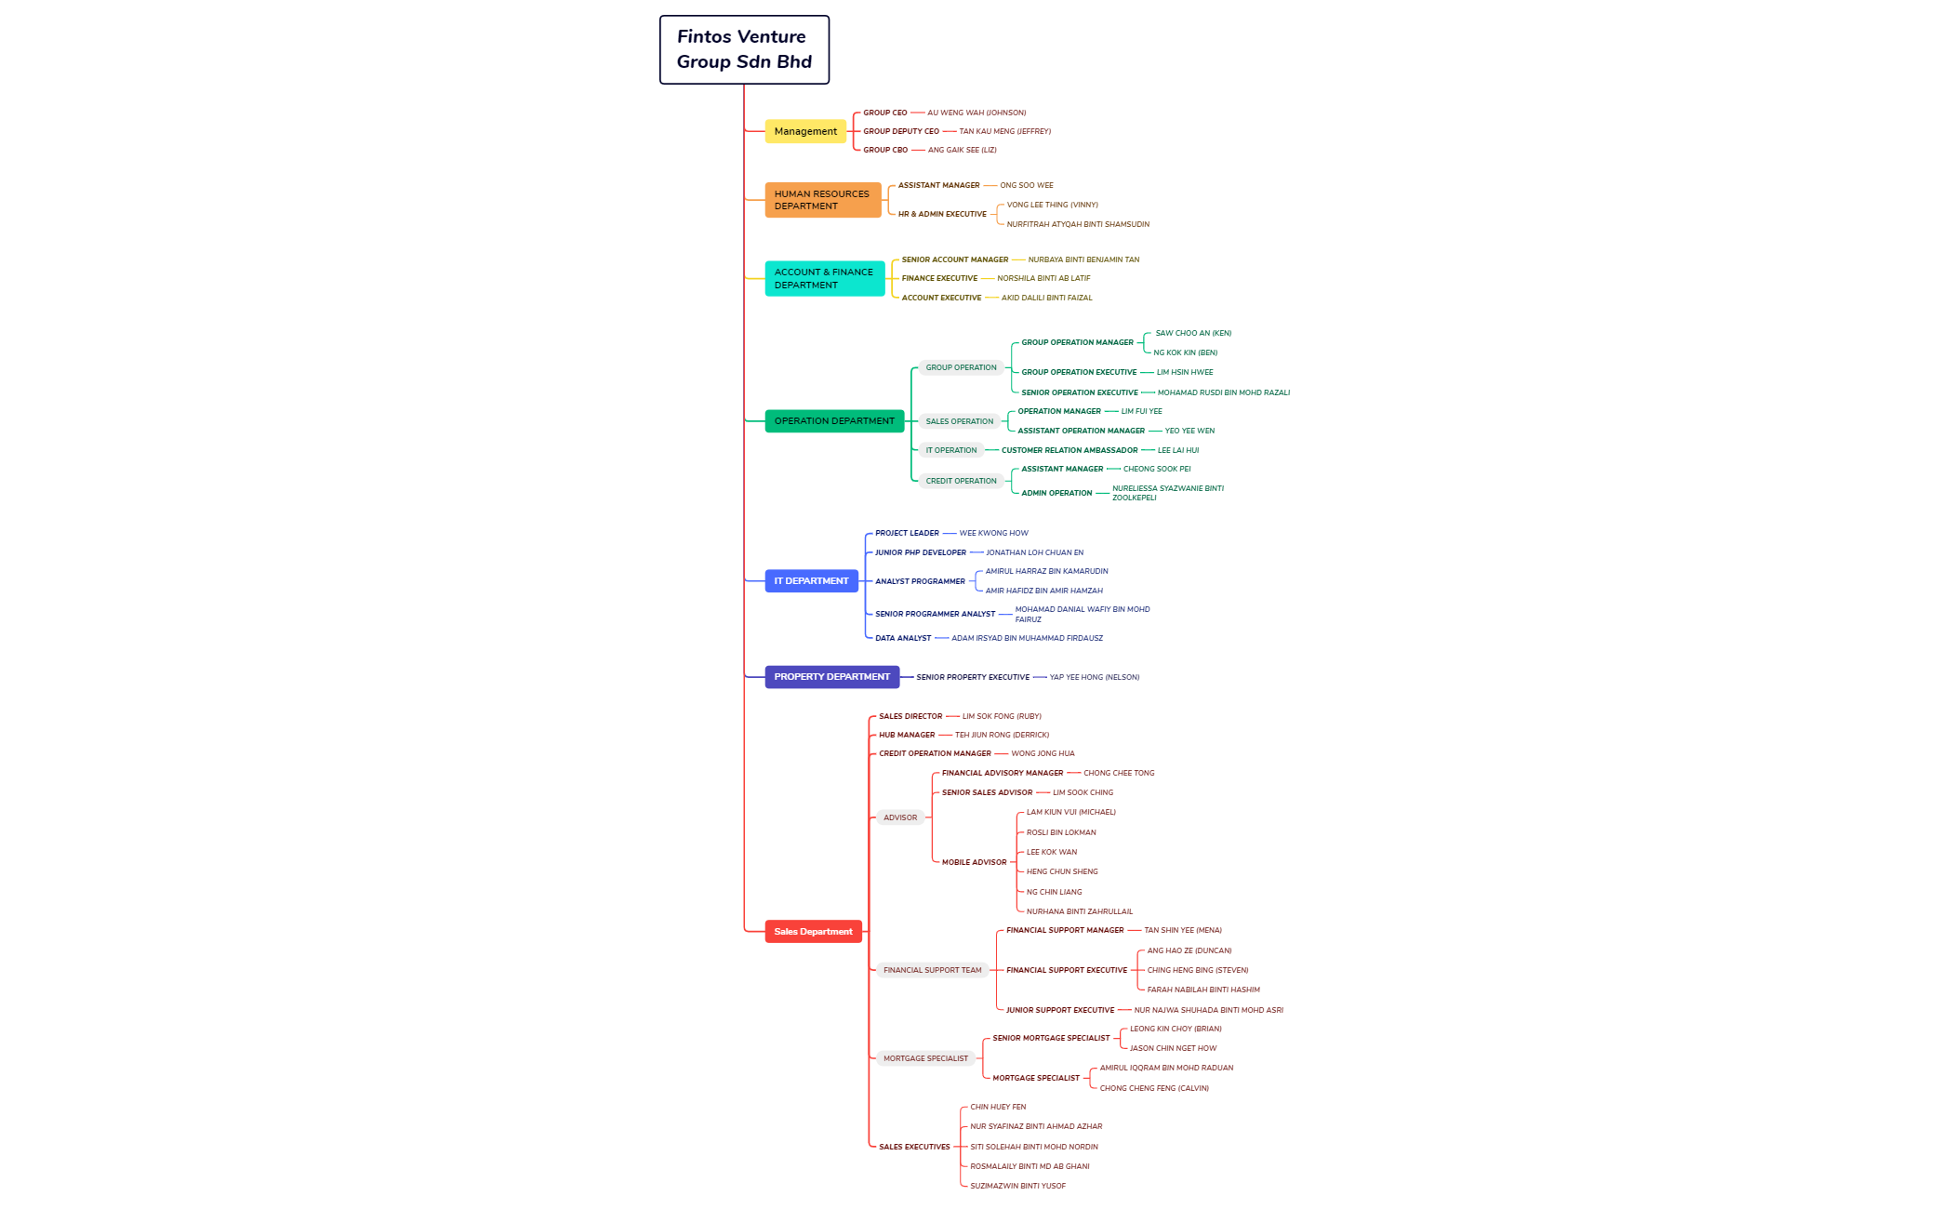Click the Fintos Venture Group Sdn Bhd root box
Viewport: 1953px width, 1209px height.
pyautogui.click(x=744, y=49)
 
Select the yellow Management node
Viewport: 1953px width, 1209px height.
pyautogui.click(x=805, y=131)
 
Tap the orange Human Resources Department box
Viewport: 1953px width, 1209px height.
pyautogui.click(x=822, y=200)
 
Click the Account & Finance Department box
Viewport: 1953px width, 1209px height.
pyautogui.click(x=824, y=278)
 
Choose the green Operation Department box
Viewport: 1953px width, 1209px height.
pyautogui.click(x=834, y=421)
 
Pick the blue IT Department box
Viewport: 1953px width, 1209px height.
pyautogui.click(x=811, y=581)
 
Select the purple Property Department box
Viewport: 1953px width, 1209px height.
pyautogui.click(x=831, y=677)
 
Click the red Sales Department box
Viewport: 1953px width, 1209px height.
pyautogui.click(x=813, y=932)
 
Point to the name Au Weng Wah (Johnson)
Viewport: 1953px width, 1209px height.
pyautogui.click(x=976, y=113)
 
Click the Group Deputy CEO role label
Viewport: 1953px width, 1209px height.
pyautogui.click(x=900, y=131)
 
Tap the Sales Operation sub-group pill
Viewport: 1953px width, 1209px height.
pyautogui.click(x=959, y=421)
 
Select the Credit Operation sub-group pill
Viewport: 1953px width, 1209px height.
pyautogui.click(x=961, y=481)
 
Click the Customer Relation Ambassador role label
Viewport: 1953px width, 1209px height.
pyautogui.click(x=1069, y=450)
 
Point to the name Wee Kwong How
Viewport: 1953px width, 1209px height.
pyautogui.click(x=993, y=533)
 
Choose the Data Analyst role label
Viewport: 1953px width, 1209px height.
pyautogui.click(x=902, y=638)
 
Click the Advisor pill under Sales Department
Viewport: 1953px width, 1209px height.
pyautogui.click(x=899, y=817)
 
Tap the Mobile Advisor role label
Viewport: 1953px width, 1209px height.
pyautogui.click(x=974, y=862)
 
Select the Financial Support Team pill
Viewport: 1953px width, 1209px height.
pyautogui.click(x=932, y=970)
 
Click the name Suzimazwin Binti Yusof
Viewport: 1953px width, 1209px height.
pyautogui.click(x=1017, y=1186)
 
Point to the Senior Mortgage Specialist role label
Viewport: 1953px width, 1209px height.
pyautogui.click(x=1051, y=1038)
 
